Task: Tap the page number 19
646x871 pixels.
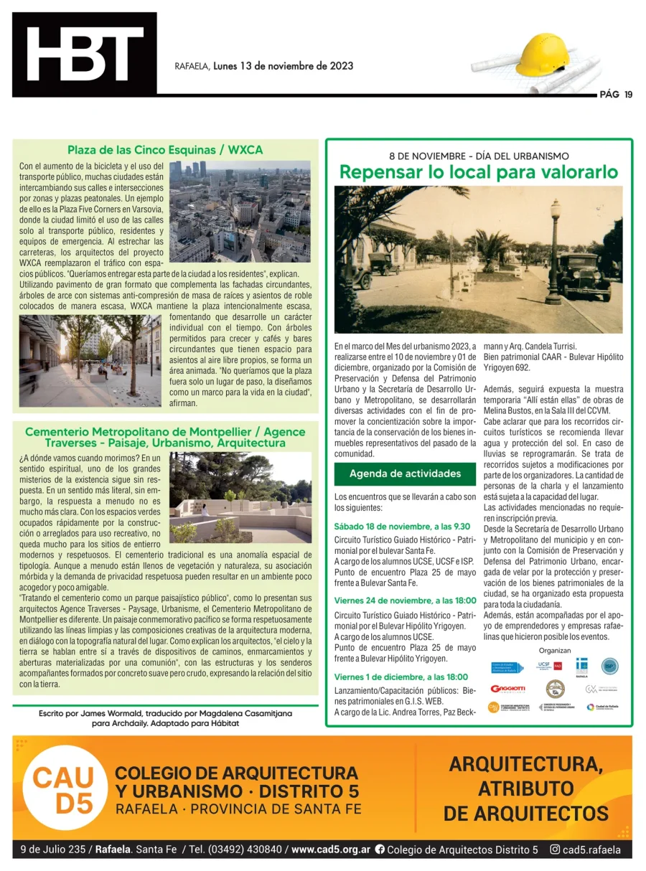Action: pyautogui.click(x=628, y=94)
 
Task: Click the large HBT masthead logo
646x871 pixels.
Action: pyautogui.click(x=85, y=55)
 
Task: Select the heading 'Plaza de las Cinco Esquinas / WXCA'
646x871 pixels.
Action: pyautogui.click(x=165, y=150)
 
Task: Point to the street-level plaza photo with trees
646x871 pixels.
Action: pyautogui.click(x=90, y=361)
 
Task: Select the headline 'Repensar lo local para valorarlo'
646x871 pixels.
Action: pyautogui.click(x=479, y=172)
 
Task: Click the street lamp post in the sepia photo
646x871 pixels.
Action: pyautogui.click(x=553, y=251)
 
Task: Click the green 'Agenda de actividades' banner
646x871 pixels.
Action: pyautogui.click(x=405, y=474)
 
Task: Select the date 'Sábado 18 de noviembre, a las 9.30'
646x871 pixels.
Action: pyautogui.click(x=402, y=527)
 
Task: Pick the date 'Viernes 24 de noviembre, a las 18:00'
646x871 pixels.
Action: pyautogui.click(x=405, y=601)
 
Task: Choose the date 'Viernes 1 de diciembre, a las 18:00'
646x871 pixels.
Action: pyautogui.click(x=401, y=677)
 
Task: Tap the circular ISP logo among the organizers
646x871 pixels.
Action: pyautogui.click(x=609, y=667)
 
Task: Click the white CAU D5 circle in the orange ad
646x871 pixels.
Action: pyautogui.click(x=63, y=788)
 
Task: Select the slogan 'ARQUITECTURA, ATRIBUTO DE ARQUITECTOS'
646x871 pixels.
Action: pyautogui.click(x=525, y=788)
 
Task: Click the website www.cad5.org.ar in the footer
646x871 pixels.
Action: pyautogui.click(x=331, y=849)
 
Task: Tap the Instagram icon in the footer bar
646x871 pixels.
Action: pyautogui.click(x=556, y=850)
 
